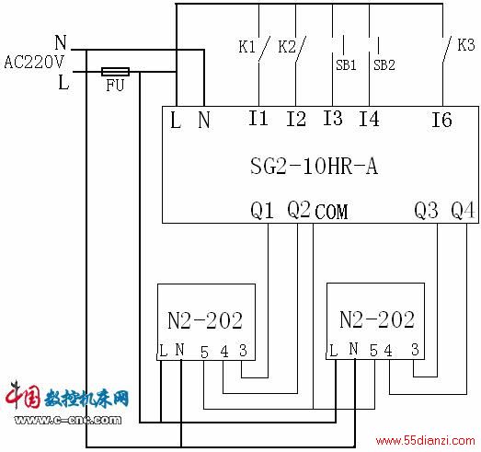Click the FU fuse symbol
tap(115, 72)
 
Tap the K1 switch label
tap(247, 47)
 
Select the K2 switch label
tap(287, 47)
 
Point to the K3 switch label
tap(466, 45)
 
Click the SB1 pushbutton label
tap(346, 65)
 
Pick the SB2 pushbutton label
tap(384, 65)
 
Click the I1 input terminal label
tap(258, 118)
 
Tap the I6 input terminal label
tap(441, 120)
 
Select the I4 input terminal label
tap(369, 119)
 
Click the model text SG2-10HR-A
tap(314, 166)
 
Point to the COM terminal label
tap(331, 212)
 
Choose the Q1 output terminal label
tap(262, 210)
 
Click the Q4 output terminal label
tap(463, 210)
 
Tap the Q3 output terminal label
tap(426, 210)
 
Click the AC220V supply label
tap(34, 63)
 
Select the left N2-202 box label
tap(205, 320)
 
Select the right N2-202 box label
tap(377, 319)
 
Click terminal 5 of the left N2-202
tap(204, 353)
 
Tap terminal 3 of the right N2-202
tap(415, 350)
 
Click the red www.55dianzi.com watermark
tap(426, 441)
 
